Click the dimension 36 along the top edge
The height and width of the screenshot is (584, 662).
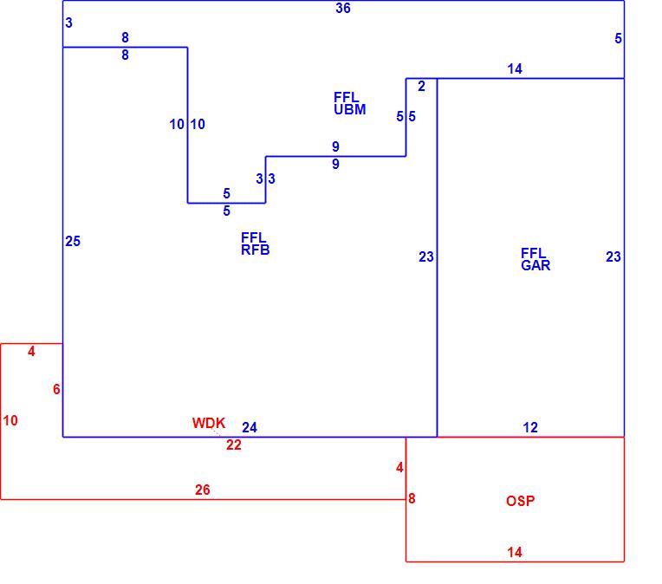tap(343, 8)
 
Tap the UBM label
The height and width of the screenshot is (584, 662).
tap(349, 109)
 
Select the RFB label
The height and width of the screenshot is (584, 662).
tap(255, 250)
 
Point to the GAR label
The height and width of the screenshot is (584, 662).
tap(535, 266)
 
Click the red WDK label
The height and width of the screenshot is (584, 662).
tap(209, 423)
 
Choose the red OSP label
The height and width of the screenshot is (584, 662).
tap(520, 501)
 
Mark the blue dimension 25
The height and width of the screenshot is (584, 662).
tap(73, 241)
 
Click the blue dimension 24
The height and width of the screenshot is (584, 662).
tap(249, 427)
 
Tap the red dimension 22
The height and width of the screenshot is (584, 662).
tap(233, 444)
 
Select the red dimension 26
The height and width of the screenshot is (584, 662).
tap(202, 490)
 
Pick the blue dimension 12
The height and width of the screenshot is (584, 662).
tap(530, 427)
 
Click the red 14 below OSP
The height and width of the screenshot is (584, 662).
tap(515, 552)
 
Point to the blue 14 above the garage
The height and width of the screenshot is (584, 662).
tap(515, 68)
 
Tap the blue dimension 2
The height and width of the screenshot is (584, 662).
tap(421, 86)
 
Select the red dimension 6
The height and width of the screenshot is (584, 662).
tap(56, 389)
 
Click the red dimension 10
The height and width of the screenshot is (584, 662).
tap(10, 420)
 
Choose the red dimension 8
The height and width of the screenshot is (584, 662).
tap(412, 499)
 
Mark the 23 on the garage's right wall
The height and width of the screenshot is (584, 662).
tap(613, 256)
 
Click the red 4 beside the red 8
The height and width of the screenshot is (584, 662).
tap(399, 467)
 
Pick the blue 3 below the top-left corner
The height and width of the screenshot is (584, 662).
tap(68, 23)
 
